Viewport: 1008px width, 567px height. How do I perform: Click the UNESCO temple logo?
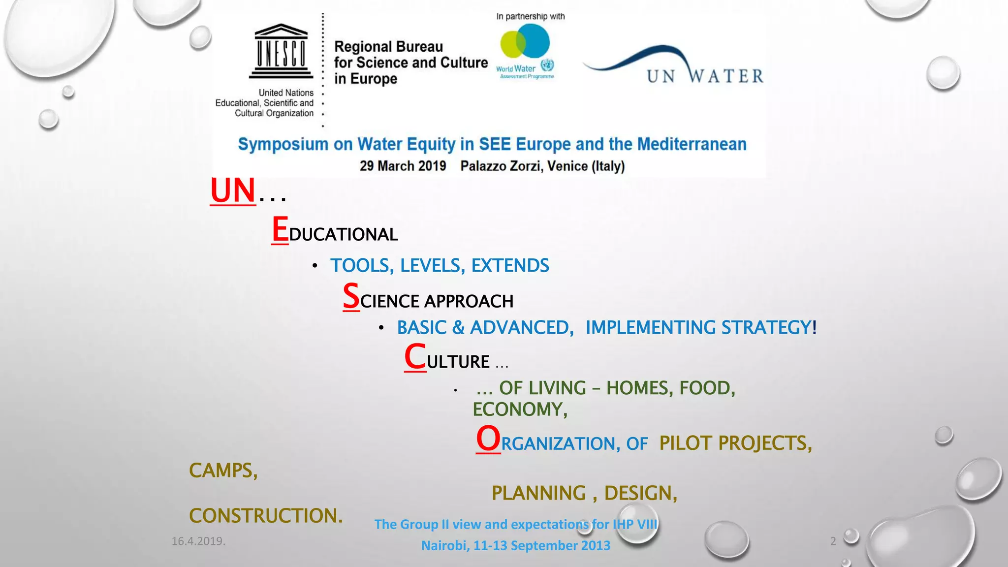281,51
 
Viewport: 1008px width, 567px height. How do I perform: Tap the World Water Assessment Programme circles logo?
525,42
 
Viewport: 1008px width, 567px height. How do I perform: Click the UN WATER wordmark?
705,76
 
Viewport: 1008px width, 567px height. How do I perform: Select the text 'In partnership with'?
530,16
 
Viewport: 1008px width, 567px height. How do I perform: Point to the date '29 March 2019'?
403,166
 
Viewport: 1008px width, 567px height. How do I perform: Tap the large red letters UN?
233,190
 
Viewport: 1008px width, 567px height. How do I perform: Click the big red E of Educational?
280,229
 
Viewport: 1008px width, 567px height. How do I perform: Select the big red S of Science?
351,296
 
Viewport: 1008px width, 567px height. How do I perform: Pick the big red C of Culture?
415,357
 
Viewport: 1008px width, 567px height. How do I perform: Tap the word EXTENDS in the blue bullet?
510,266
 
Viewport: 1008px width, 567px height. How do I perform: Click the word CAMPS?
223,471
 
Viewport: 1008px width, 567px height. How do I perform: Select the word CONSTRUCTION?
265,516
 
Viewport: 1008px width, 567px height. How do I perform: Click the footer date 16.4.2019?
198,541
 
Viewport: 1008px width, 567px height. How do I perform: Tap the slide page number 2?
833,541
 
